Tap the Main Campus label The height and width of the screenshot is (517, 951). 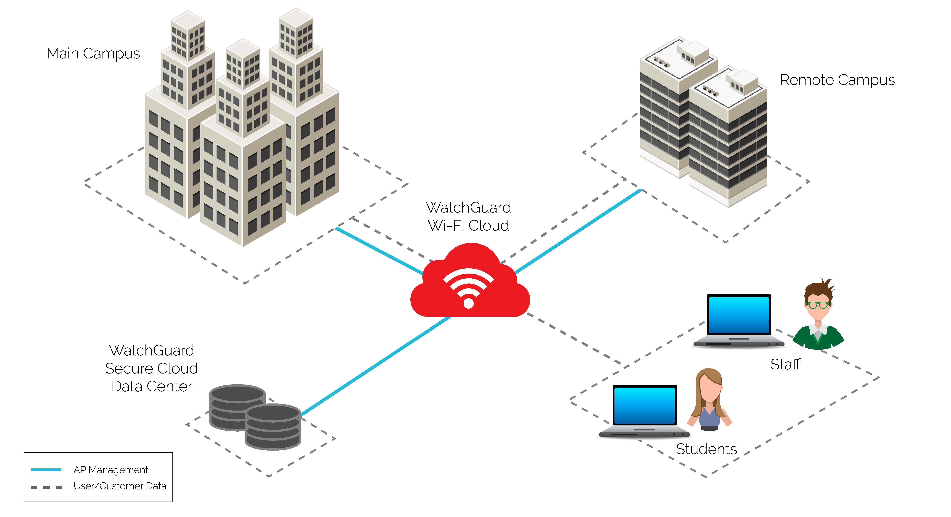93,54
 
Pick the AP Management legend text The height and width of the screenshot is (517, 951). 111,470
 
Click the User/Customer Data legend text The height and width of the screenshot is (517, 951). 120,486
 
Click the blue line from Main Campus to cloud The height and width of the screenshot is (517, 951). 378,251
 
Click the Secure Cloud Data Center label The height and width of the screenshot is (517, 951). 151,368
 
